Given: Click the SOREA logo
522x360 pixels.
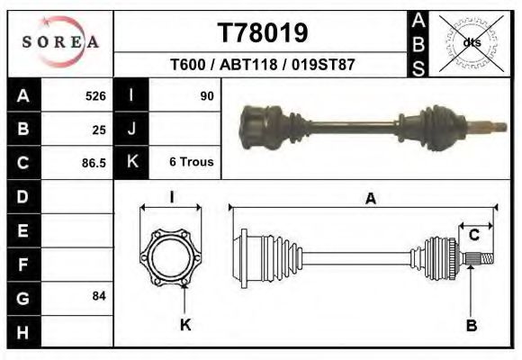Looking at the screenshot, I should [x=60, y=43].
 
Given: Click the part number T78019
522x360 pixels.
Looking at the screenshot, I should [x=263, y=33].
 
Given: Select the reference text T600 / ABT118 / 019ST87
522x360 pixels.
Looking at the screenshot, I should [x=263, y=66].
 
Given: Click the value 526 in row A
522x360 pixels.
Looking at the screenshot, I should [x=95, y=96].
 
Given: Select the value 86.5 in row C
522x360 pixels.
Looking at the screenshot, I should [x=93, y=163].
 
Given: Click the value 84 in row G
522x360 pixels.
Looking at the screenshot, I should [x=99, y=296].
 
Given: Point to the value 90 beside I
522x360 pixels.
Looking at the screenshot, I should [x=206, y=96].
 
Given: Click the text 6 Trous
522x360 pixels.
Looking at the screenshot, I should [x=191, y=163].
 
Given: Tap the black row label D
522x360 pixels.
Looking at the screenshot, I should [x=23, y=196].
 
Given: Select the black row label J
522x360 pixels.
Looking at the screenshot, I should [x=131, y=130].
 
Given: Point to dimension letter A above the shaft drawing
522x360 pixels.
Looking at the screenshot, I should [x=370, y=200].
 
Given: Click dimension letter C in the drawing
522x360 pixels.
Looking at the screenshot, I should [x=473, y=235].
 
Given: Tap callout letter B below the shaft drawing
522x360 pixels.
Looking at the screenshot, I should [x=470, y=325].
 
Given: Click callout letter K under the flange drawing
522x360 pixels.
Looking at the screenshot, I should [x=185, y=325].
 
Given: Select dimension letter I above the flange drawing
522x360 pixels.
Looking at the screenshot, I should [x=172, y=196].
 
